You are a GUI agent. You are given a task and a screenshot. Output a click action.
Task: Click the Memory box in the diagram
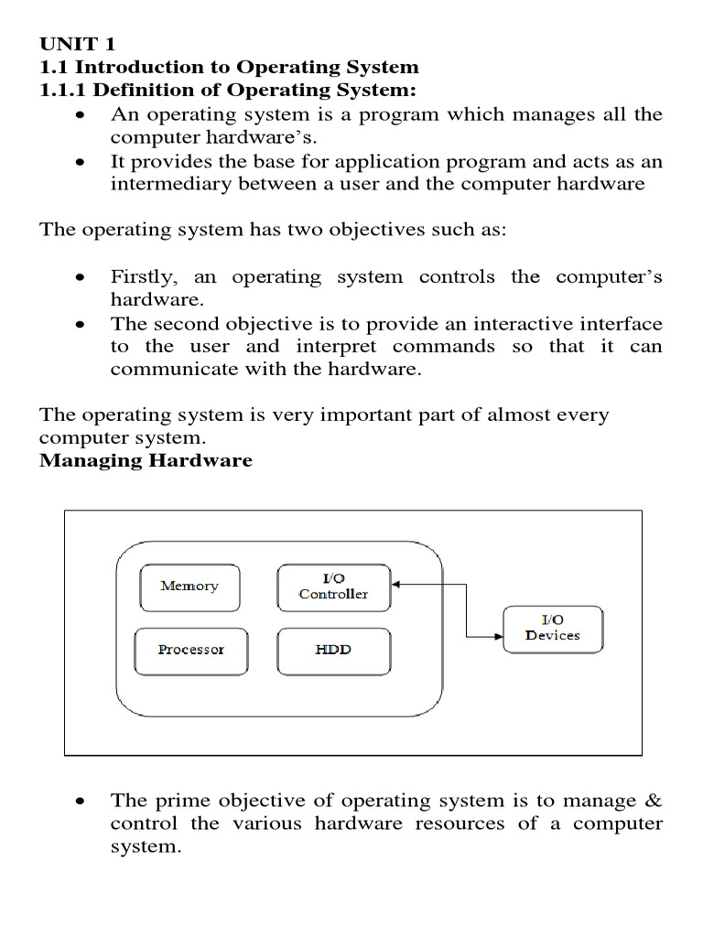pyautogui.click(x=189, y=587)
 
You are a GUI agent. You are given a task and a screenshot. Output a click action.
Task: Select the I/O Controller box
pyautogui.click(x=333, y=587)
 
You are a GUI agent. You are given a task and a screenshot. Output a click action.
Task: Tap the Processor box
pyautogui.click(x=190, y=651)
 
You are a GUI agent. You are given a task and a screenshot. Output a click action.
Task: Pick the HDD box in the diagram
pyautogui.click(x=333, y=651)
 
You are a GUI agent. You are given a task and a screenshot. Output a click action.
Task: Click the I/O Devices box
pyautogui.click(x=553, y=628)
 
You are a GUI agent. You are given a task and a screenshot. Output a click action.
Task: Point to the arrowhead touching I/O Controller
pyautogui.click(x=396, y=583)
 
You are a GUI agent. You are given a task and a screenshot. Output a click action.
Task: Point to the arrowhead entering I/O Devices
pyautogui.click(x=498, y=637)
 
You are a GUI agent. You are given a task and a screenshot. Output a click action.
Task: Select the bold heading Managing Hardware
pyautogui.click(x=146, y=460)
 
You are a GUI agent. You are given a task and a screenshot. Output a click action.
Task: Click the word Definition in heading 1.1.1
pyautogui.click(x=138, y=90)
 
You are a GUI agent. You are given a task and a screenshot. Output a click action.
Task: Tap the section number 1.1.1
pyautogui.click(x=64, y=90)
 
